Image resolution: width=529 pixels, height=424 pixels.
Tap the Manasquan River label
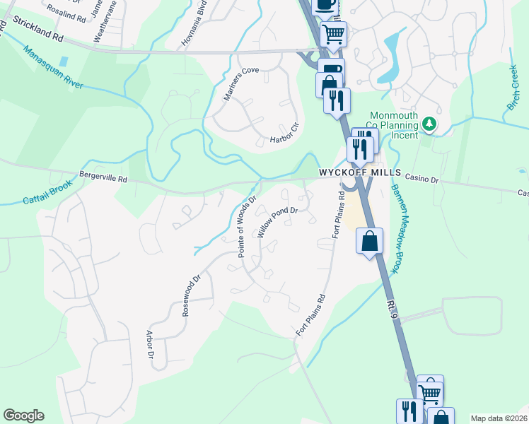click(53, 69)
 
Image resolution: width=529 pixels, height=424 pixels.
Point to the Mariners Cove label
click(242, 84)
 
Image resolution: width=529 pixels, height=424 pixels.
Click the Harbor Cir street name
click(285, 131)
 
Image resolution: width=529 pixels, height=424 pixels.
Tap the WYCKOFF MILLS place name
click(360, 173)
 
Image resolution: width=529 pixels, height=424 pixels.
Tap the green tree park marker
click(428, 124)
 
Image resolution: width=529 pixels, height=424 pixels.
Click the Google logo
click(23, 416)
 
